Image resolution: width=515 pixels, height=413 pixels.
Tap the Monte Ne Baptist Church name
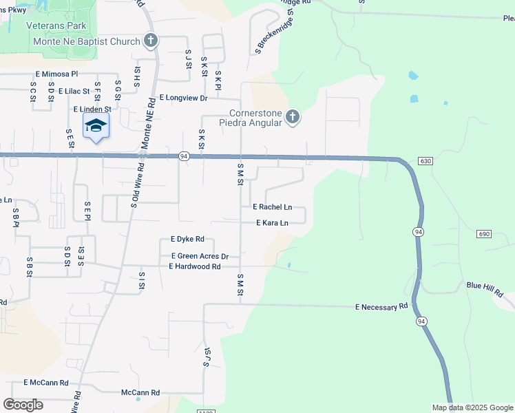87,41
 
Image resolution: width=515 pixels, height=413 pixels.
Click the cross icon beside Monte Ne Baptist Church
151,41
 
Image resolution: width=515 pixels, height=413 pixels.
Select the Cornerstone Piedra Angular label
255,118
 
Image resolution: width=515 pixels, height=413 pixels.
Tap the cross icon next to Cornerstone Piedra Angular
293,117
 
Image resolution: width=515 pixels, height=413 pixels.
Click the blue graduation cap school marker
96,125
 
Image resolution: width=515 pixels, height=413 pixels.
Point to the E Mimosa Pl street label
57,73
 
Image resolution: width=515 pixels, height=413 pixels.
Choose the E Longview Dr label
183,98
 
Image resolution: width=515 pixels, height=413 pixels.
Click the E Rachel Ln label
273,206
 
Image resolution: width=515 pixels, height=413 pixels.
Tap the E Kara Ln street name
272,223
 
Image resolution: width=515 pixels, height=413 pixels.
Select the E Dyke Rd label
187,240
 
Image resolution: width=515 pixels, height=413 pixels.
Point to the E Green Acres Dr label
199,256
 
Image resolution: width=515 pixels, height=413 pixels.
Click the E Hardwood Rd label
195,266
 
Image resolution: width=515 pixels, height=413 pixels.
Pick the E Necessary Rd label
381,306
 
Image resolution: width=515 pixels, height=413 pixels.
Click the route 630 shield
425,161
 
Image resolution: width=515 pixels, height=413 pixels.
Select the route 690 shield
483,235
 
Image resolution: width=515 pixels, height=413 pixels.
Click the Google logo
23,405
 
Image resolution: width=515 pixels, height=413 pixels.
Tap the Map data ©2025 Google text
472,407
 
